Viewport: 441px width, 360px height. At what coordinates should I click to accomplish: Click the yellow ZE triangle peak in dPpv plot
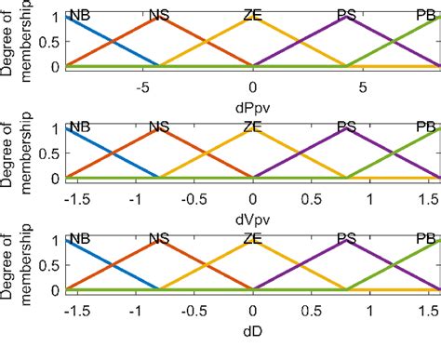click(252, 17)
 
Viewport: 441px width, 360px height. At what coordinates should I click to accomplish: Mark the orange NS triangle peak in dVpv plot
click(160, 129)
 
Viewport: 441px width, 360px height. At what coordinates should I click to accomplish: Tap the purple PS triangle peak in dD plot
click(346, 242)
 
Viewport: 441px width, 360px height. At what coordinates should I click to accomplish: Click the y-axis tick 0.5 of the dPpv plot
click(54, 41)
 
